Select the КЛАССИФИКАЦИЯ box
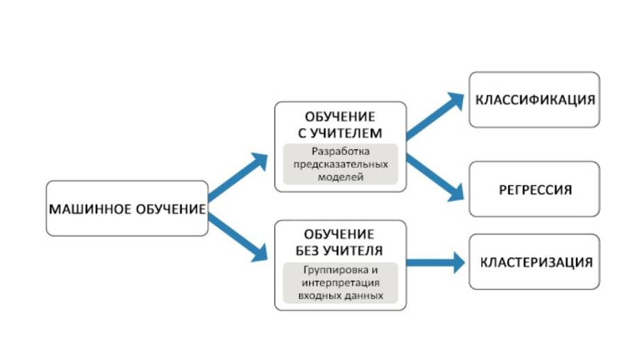tap(534, 99)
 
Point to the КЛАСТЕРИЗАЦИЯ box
tap(535, 262)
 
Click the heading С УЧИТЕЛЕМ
tap(339, 132)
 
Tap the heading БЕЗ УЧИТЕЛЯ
tap(339, 250)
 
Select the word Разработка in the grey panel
tap(340, 152)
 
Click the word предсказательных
tap(340, 164)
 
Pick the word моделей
tap(340, 177)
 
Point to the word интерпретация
tap(339, 283)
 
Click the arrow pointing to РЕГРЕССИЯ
tap(435, 177)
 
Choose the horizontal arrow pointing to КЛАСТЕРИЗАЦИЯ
tap(436, 262)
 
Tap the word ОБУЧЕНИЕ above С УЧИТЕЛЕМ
tap(339, 117)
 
